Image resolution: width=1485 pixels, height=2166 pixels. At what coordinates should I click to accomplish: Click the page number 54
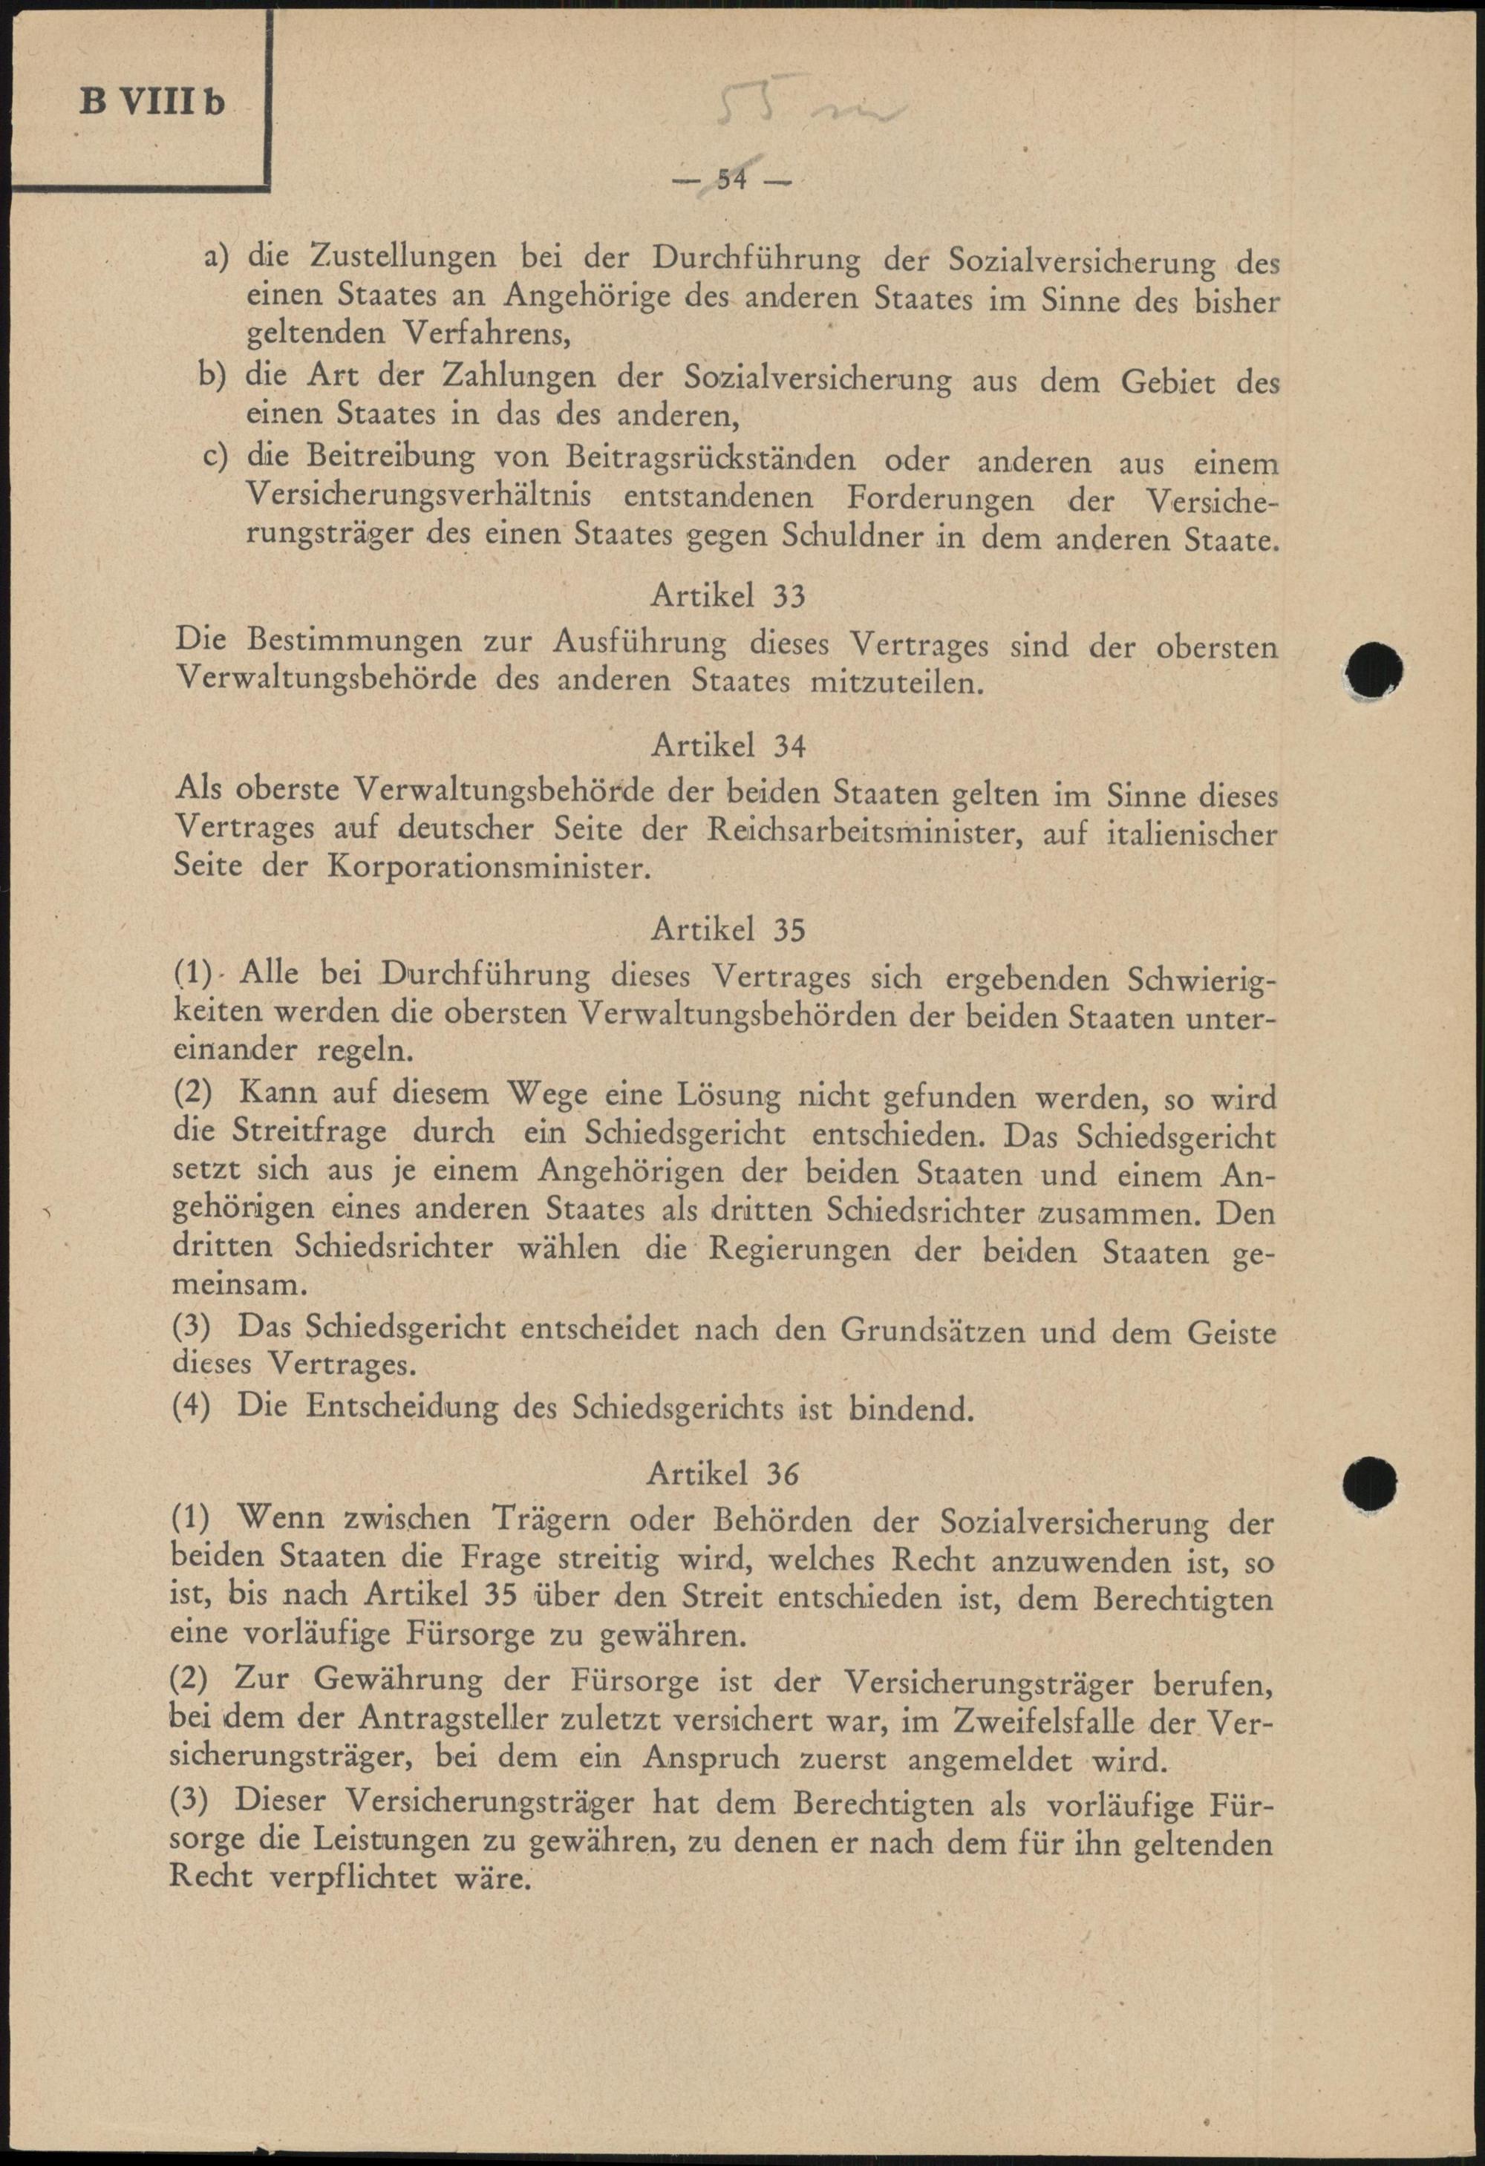732,180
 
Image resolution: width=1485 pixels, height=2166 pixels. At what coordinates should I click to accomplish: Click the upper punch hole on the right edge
1376,667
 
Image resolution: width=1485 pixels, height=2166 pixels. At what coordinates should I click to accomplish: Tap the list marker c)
216,457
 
